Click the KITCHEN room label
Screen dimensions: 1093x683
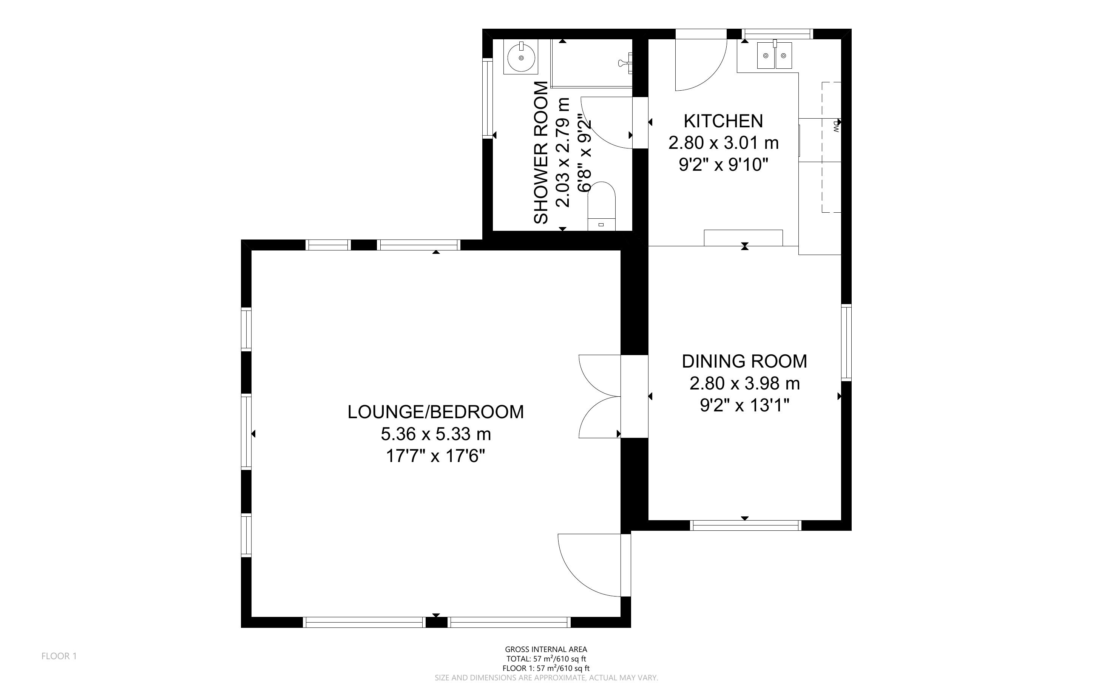[x=723, y=121]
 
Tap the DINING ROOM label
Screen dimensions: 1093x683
[x=744, y=362]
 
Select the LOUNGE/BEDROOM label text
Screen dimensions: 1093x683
[x=436, y=412]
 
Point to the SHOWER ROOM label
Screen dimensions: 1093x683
[x=541, y=153]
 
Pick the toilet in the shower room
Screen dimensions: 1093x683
[x=601, y=206]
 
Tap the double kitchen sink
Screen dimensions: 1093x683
[x=775, y=55]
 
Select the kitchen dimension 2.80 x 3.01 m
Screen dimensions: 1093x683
[x=723, y=143]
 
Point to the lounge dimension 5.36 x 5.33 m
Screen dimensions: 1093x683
[x=436, y=434]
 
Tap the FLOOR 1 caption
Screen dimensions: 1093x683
[x=59, y=656]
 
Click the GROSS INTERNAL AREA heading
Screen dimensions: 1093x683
[x=546, y=650]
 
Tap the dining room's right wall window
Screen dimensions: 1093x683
[x=846, y=342]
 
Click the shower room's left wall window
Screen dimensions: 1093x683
[x=488, y=98]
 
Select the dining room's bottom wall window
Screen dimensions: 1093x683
[x=746, y=525]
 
